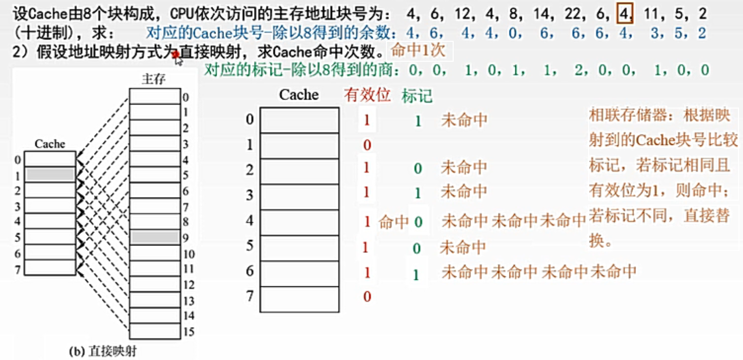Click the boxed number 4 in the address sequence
pyautogui.click(x=624, y=13)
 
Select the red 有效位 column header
pyautogui.click(x=368, y=95)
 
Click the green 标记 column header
pyautogui.click(x=417, y=96)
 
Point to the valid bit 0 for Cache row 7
pyautogui.click(x=367, y=297)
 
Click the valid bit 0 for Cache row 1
pyautogui.click(x=367, y=145)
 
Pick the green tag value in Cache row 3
pyautogui.click(x=417, y=193)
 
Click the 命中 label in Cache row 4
pyautogui.click(x=393, y=222)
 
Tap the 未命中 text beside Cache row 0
pyautogui.click(x=464, y=120)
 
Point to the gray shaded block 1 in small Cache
pyautogui.click(x=50, y=175)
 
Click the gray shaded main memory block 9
pyautogui.click(x=155, y=237)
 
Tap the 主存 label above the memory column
pyautogui.click(x=154, y=79)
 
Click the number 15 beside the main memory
pyautogui.click(x=188, y=332)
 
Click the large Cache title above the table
pyautogui.click(x=299, y=95)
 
